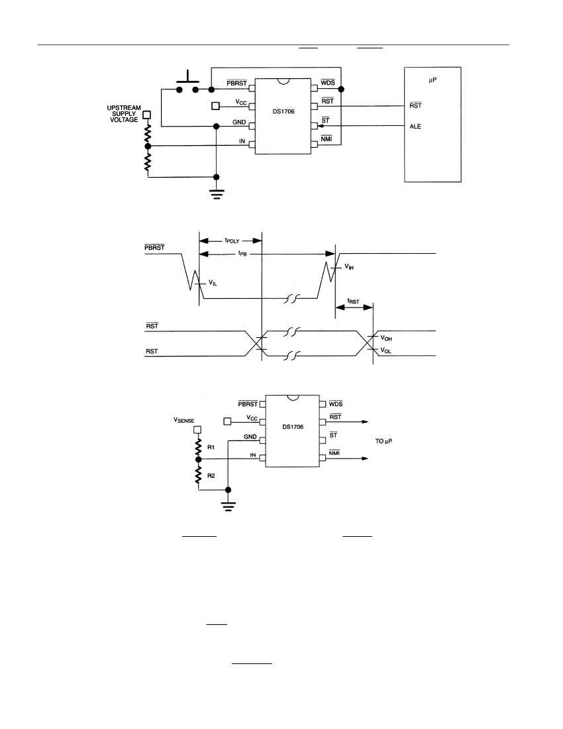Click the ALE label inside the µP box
pos(415,127)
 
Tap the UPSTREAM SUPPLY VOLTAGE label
pos(124,114)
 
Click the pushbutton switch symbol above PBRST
pos(187,83)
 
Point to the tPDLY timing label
pos(232,241)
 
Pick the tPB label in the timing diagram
pos(242,253)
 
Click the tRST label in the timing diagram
pos(354,302)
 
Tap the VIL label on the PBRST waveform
pos(213,283)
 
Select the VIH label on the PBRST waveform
pos(349,267)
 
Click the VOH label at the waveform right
pos(386,339)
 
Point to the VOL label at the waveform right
pos(385,350)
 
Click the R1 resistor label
pos(211,447)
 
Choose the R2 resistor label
pos(211,476)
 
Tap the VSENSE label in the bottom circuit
pos(184,420)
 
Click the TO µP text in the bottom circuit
pos(384,441)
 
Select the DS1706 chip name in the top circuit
pos(283,111)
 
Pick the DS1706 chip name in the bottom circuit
pos(293,427)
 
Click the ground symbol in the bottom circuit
pos(228,506)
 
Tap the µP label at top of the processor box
pos(433,80)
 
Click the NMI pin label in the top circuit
pos(327,139)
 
